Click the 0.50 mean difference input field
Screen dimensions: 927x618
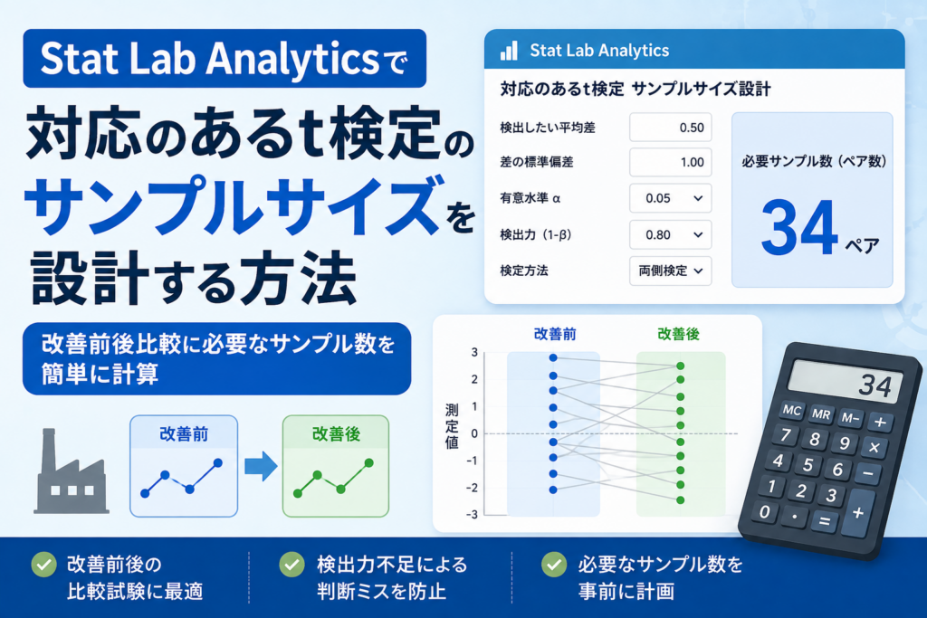coord(671,128)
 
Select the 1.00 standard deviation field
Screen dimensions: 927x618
coord(671,163)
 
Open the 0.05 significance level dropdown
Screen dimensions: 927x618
coord(671,198)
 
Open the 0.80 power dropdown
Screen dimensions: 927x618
coord(671,235)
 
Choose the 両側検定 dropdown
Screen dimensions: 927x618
coord(671,271)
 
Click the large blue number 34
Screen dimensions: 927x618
coord(799,228)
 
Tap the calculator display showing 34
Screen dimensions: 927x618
coord(846,382)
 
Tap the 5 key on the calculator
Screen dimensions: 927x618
coord(808,466)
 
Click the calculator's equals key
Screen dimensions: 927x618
coord(824,521)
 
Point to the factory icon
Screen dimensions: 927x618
coord(72,471)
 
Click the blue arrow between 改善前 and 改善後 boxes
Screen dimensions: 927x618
coord(261,466)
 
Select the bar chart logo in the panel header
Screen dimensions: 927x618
coord(509,51)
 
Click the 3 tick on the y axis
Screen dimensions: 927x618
coord(474,353)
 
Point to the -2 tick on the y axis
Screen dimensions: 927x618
coord(471,488)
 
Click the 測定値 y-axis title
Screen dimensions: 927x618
coord(452,426)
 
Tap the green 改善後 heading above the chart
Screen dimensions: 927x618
coord(679,335)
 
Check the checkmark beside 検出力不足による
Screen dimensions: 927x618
coord(291,565)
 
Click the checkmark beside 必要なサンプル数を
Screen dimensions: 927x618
coord(554,565)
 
